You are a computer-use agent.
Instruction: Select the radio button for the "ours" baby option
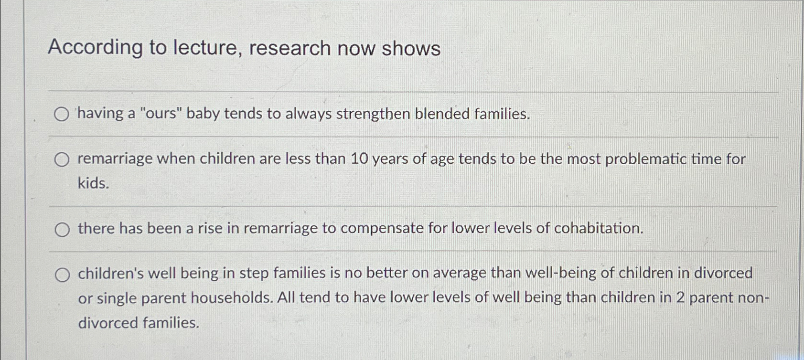coord(61,115)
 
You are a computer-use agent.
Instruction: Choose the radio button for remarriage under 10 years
coord(62,159)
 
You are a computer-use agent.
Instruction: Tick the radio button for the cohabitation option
coord(62,230)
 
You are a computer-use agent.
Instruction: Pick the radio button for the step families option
coord(62,275)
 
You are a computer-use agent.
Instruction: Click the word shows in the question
coord(411,48)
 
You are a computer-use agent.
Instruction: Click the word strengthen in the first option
coord(373,114)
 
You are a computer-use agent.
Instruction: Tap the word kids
coord(94,183)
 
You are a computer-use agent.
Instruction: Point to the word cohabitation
coord(599,228)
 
